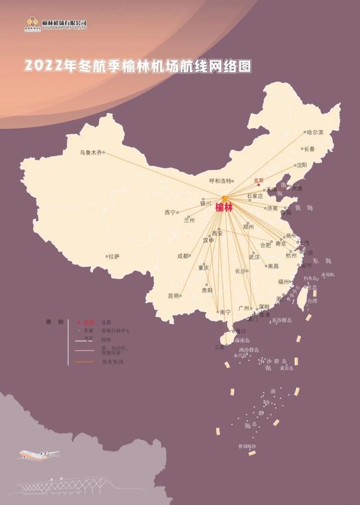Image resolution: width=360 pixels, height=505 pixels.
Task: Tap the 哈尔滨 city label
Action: tap(314, 133)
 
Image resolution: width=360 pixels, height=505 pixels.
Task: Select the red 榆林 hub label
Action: tap(224, 208)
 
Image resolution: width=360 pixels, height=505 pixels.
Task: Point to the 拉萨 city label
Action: tap(114, 256)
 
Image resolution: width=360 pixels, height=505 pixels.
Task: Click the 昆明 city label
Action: tap(173, 296)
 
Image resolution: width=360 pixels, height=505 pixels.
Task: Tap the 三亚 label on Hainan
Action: tap(219, 348)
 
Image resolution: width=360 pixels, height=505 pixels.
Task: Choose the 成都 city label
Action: tap(183, 256)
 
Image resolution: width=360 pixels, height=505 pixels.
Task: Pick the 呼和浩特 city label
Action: tap(220, 181)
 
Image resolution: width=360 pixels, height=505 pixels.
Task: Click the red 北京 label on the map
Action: tap(259, 181)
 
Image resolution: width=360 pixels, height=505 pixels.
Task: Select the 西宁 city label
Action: tap(170, 213)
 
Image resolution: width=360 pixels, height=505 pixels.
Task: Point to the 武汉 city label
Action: tap(254, 257)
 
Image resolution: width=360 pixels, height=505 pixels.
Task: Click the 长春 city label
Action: tap(309, 150)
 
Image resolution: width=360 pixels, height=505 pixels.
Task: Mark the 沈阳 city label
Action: tap(301, 165)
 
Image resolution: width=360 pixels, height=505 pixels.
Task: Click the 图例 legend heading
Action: tap(55, 322)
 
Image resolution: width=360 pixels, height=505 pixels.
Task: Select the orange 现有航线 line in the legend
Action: tap(84, 362)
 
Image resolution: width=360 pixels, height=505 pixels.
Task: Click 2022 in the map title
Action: tap(43, 66)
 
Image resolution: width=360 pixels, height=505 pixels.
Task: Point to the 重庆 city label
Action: tap(203, 268)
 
